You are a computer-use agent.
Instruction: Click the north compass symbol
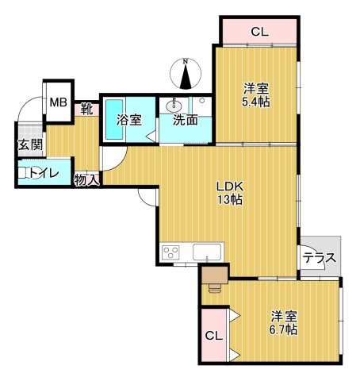click(185, 74)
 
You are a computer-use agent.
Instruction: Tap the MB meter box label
click(58, 102)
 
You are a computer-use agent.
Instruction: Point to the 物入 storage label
click(86, 180)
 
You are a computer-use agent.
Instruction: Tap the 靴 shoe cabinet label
click(86, 110)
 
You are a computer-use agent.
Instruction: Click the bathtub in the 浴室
click(116, 119)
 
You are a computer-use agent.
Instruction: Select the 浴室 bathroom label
click(128, 121)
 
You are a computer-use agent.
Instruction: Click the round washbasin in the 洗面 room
click(174, 106)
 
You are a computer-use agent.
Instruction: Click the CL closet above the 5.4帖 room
click(259, 32)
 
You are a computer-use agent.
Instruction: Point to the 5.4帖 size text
click(257, 102)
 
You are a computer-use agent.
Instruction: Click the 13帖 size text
click(232, 200)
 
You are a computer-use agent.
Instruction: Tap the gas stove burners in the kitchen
click(171, 252)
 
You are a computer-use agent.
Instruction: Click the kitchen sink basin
click(208, 253)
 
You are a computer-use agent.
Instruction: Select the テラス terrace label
click(320, 258)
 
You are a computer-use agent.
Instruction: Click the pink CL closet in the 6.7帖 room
click(213, 335)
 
